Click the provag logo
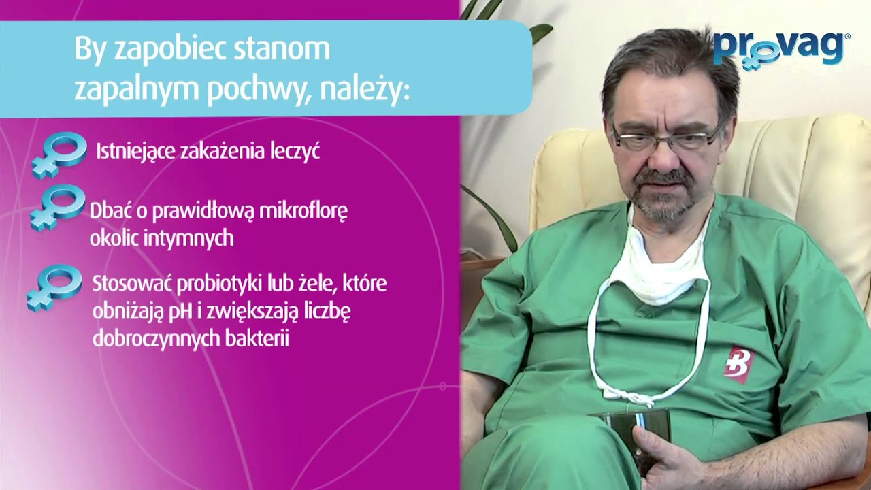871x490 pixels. coord(779,49)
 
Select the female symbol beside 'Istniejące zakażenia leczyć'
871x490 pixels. coord(60,154)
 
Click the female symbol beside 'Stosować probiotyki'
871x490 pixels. coord(54,287)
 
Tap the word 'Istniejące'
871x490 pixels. coord(135,151)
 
